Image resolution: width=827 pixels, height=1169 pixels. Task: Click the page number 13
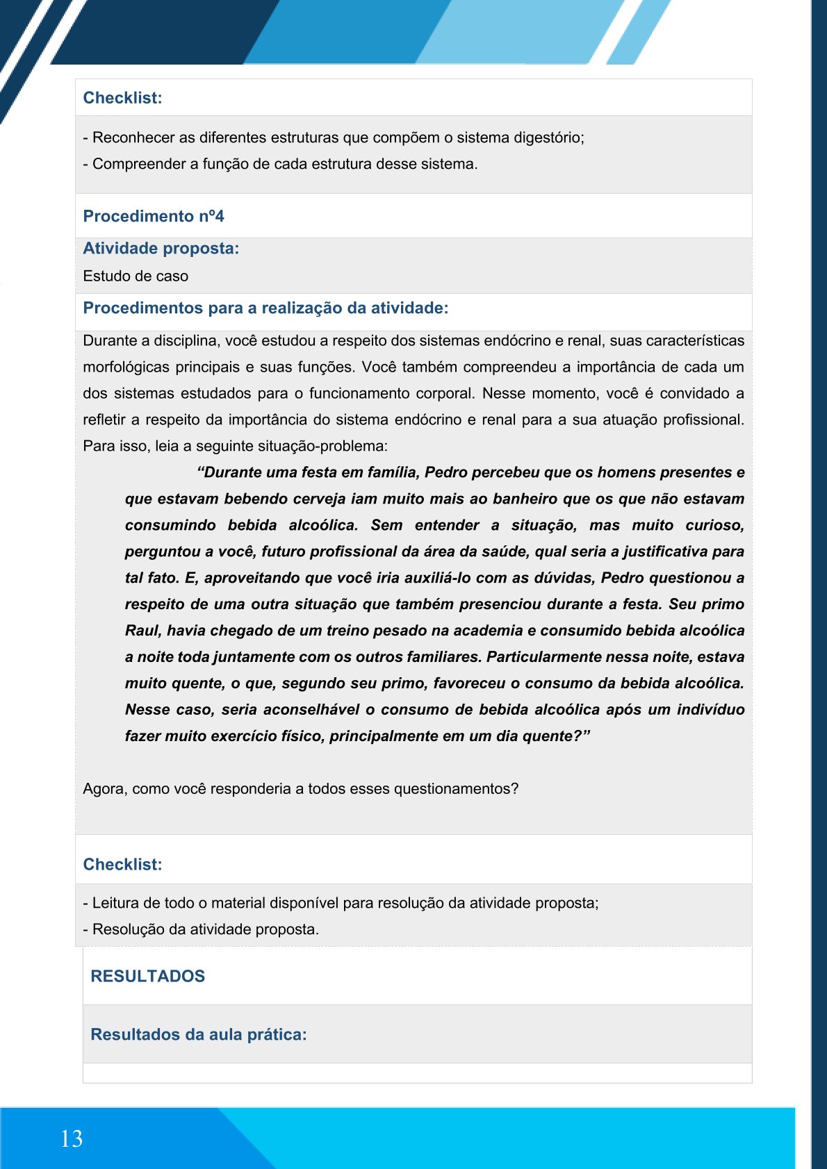click(72, 1138)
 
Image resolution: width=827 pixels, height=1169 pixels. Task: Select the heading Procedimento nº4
click(154, 216)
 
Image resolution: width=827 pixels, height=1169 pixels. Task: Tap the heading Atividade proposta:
click(161, 248)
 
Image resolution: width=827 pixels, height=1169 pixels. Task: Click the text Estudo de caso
click(136, 276)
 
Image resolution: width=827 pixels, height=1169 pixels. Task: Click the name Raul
click(142, 631)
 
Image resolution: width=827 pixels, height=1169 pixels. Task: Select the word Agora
click(104, 789)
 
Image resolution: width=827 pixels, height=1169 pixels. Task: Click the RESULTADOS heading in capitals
click(148, 976)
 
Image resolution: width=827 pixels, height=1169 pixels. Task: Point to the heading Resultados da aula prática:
click(199, 1034)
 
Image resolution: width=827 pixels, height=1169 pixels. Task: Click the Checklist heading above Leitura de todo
click(122, 864)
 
